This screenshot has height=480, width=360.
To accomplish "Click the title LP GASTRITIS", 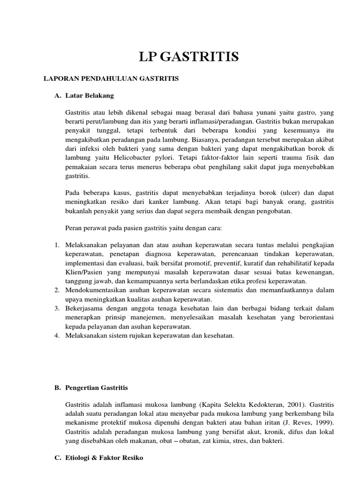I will (189, 57).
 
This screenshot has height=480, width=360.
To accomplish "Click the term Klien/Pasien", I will (82, 272).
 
